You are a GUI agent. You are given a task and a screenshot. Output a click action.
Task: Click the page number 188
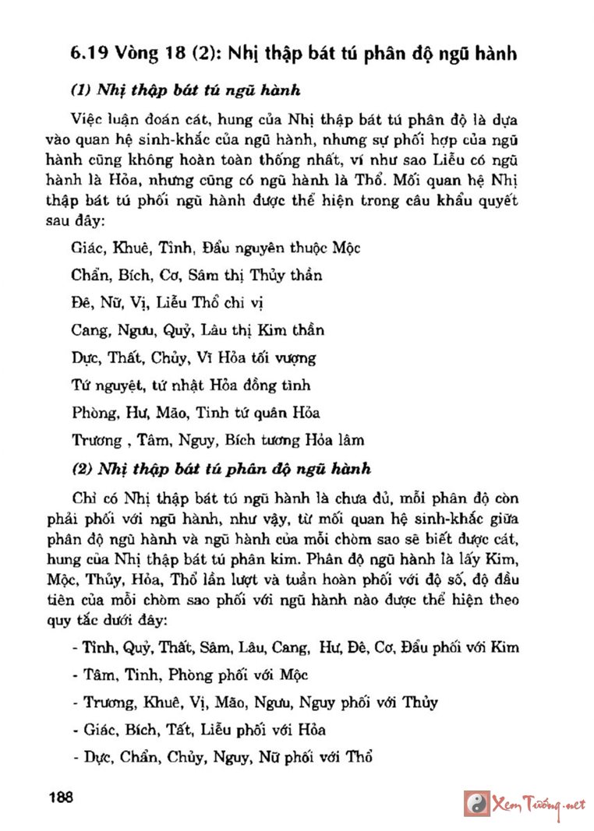coord(60,798)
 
